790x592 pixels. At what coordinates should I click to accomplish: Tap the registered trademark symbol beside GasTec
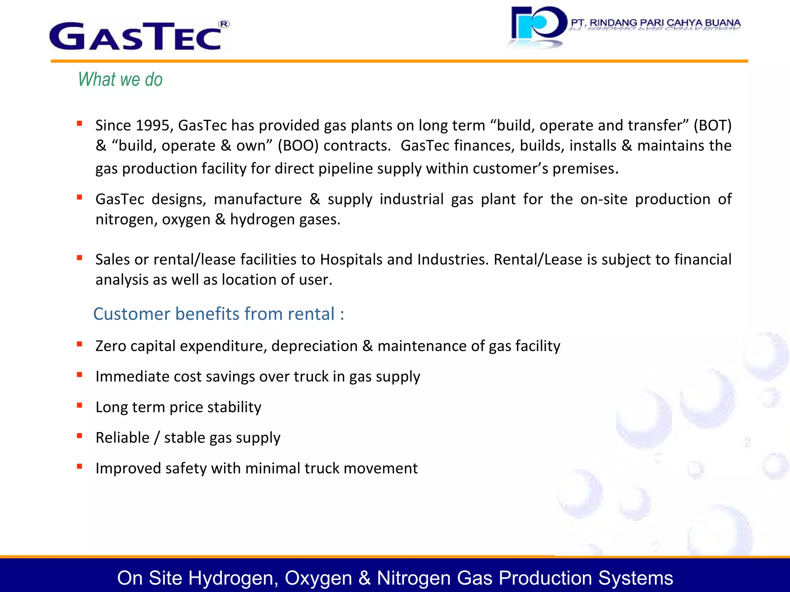point(224,24)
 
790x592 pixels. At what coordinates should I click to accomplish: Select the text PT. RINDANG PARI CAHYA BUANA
point(655,23)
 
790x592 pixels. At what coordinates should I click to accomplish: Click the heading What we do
point(120,79)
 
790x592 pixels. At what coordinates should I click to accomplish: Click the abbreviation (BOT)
point(712,126)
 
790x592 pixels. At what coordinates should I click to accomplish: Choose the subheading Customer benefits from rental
point(218,314)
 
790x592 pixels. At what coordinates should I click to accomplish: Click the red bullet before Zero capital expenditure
point(79,344)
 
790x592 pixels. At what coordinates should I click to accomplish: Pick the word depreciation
point(314,346)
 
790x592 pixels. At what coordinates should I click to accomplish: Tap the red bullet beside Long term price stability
point(79,405)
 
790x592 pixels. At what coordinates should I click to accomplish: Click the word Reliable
point(122,438)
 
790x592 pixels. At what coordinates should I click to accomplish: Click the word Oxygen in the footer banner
point(318,578)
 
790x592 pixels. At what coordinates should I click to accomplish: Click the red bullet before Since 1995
point(79,124)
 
